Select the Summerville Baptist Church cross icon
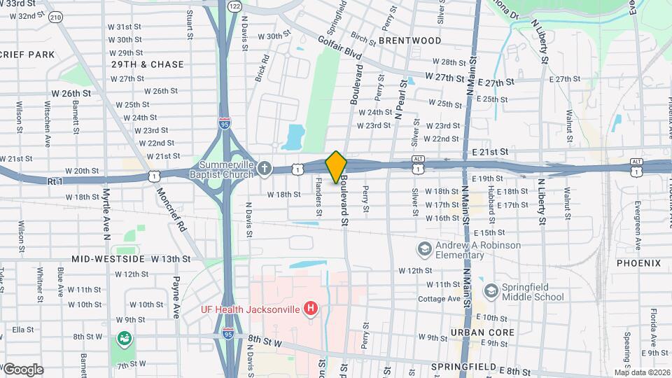[x=264, y=168]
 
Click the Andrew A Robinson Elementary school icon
[x=423, y=248]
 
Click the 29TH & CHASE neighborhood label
[x=148, y=64]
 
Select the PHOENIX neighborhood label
[x=638, y=263]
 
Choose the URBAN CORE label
[x=482, y=332]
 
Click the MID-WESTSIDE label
[x=108, y=259]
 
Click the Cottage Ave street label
[x=438, y=298]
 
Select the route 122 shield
[x=234, y=6]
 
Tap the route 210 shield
[x=55, y=16]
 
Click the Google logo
[x=22, y=369]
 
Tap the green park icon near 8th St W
[x=125, y=339]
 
